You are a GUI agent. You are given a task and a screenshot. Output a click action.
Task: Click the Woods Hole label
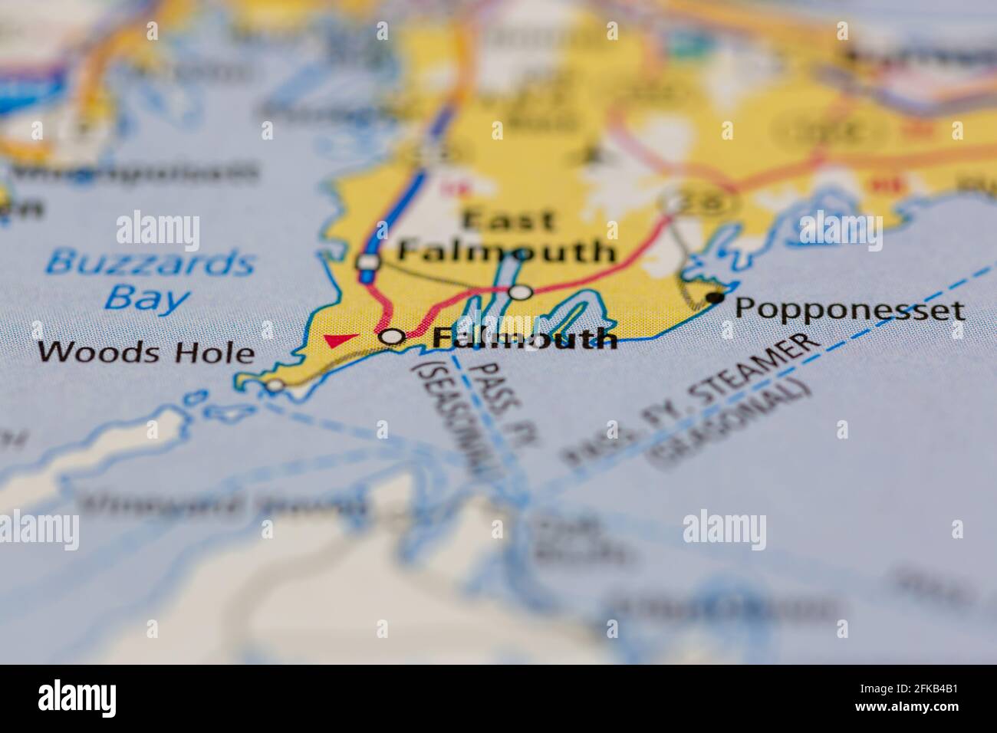click(x=146, y=353)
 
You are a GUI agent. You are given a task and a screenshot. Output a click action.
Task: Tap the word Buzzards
click(x=149, y=264)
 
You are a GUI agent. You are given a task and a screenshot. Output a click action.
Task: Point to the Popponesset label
click(x=849, y=310)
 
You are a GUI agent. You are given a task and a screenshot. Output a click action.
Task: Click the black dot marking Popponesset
click(x=716, y=296)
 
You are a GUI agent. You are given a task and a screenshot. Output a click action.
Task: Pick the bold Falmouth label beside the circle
click(x=525, y=337)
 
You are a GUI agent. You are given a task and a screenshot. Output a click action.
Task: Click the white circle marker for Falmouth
click(x=393, y=337)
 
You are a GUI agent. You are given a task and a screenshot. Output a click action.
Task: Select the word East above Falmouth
click(x=509, y=222)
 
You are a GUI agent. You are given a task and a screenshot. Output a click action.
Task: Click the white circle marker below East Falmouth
click(x=520, y=292)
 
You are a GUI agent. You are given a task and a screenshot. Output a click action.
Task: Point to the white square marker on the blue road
click(x=368, y=262)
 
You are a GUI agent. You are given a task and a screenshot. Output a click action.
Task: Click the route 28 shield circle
click(x=676, y=204)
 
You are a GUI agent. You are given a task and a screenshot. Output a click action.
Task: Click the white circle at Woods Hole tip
click(x=275, y=385)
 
